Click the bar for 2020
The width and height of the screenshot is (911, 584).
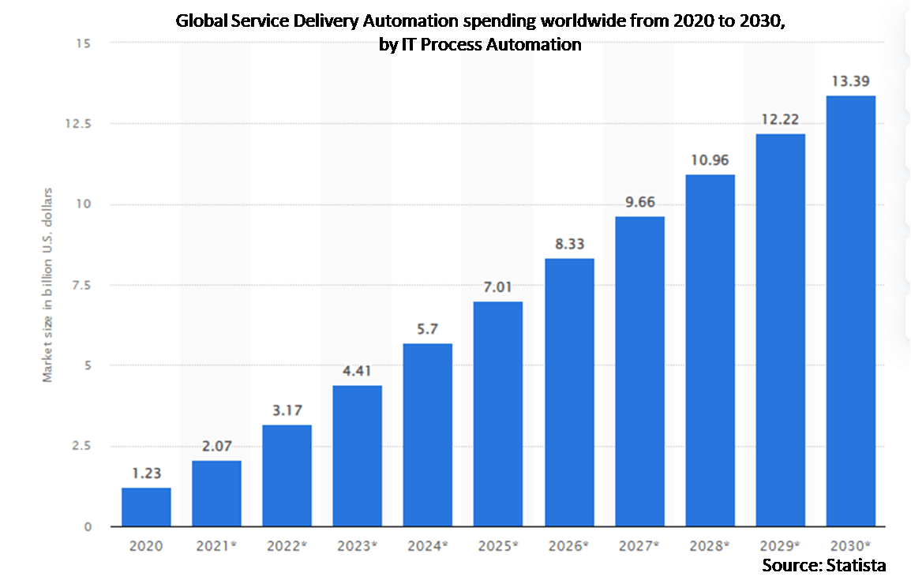[x=146, y=507]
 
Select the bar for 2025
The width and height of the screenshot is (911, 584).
[x=498, y=414]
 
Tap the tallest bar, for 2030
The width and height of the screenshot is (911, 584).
[x=850, y=311]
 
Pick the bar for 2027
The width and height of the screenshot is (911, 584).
[x=639, y=371]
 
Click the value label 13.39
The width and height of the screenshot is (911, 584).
[x=850, y=81]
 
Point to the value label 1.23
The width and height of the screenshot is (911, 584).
[x=146, y=474]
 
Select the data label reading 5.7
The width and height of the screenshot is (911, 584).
[x=427, y=329]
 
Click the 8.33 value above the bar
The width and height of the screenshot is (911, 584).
[x=568, y=245]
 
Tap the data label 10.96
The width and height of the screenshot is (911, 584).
[x=710, y=160]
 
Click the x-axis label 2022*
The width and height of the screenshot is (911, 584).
[x=287, y=545]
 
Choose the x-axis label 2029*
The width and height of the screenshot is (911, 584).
[x=780, y=545]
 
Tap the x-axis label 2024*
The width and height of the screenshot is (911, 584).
[x=427, y=545]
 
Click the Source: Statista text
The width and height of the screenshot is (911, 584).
[x=823, y=565]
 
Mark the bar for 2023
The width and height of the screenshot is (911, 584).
[x=357, y=455]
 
